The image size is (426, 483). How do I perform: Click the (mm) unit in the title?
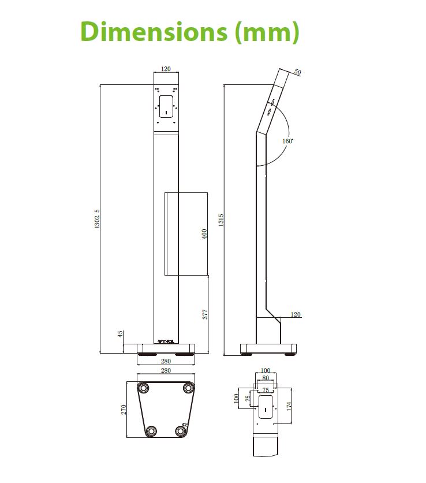tap(266, 32)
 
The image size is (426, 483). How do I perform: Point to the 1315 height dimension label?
tap(221, 220)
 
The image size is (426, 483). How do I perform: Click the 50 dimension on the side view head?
tap(298, 72)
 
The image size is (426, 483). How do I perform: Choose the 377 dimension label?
tap(205, 315)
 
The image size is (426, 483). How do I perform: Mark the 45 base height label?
tap(121, 334)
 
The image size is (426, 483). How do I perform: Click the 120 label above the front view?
tap(166, 69)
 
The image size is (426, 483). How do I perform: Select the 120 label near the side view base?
tap(296, 315)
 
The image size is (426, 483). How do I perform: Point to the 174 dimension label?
tap(289, 405)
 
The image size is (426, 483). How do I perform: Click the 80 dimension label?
tap(266, 378)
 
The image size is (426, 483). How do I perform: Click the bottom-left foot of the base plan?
tap(151, 431)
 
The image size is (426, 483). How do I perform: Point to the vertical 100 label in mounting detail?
tap(236, 399)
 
